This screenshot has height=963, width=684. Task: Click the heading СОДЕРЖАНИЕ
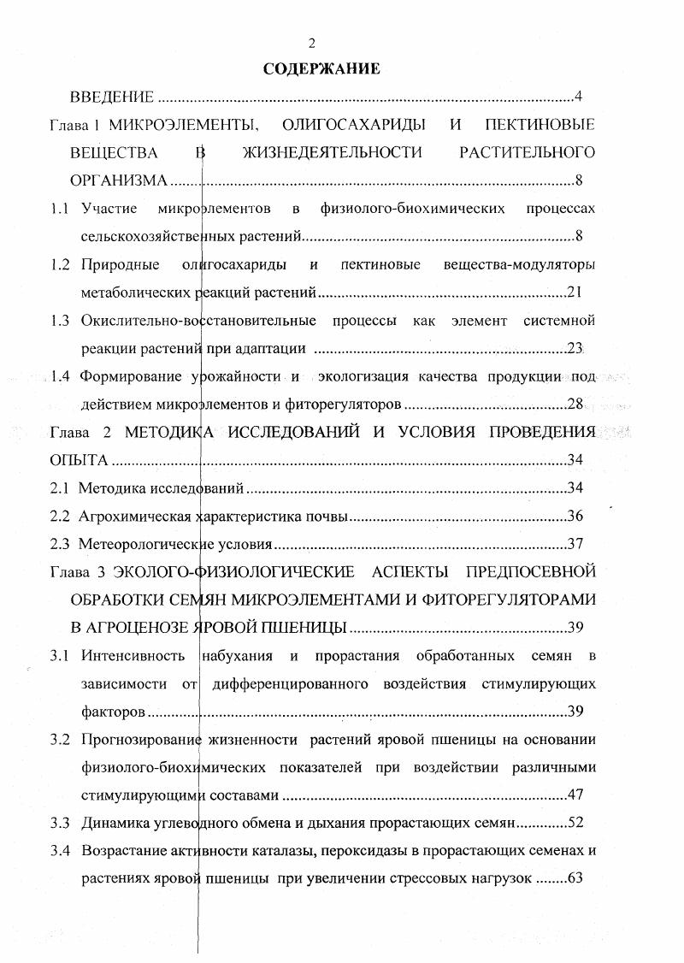[x=321, y=68]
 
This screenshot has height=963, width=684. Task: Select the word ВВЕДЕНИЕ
[x=112, y=96]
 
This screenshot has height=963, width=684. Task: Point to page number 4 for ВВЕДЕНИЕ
[x=579, y=96]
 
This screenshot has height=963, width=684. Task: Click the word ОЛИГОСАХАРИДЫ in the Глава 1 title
[x=354, y=125]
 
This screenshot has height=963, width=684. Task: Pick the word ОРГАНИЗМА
[x=119, y=180]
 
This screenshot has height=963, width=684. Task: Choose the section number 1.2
[x=59, y=264]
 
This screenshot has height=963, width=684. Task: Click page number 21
[x=575, y=292]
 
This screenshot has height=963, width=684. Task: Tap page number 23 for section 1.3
[x=575, y=348]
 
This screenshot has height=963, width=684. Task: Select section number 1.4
[x=59, y=376]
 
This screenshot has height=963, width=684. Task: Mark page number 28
[x=575, y=405]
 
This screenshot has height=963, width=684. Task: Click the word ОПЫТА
[x=80, y=460]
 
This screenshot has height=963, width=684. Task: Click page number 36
[x=575, y=517]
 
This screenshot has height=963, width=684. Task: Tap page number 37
[x=575, y=544]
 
